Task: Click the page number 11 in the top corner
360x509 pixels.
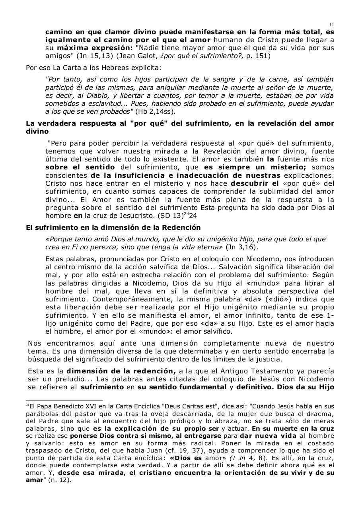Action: [x=332, y=24]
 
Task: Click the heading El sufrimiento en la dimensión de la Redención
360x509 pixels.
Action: [x=113, y=227]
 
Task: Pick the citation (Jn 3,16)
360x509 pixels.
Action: [x=242, y=247]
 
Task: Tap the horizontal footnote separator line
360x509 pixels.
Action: [x=64, y=400]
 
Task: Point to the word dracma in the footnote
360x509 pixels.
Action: [x=323, y=414]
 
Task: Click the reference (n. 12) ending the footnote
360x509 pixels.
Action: [x=62, y=480]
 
